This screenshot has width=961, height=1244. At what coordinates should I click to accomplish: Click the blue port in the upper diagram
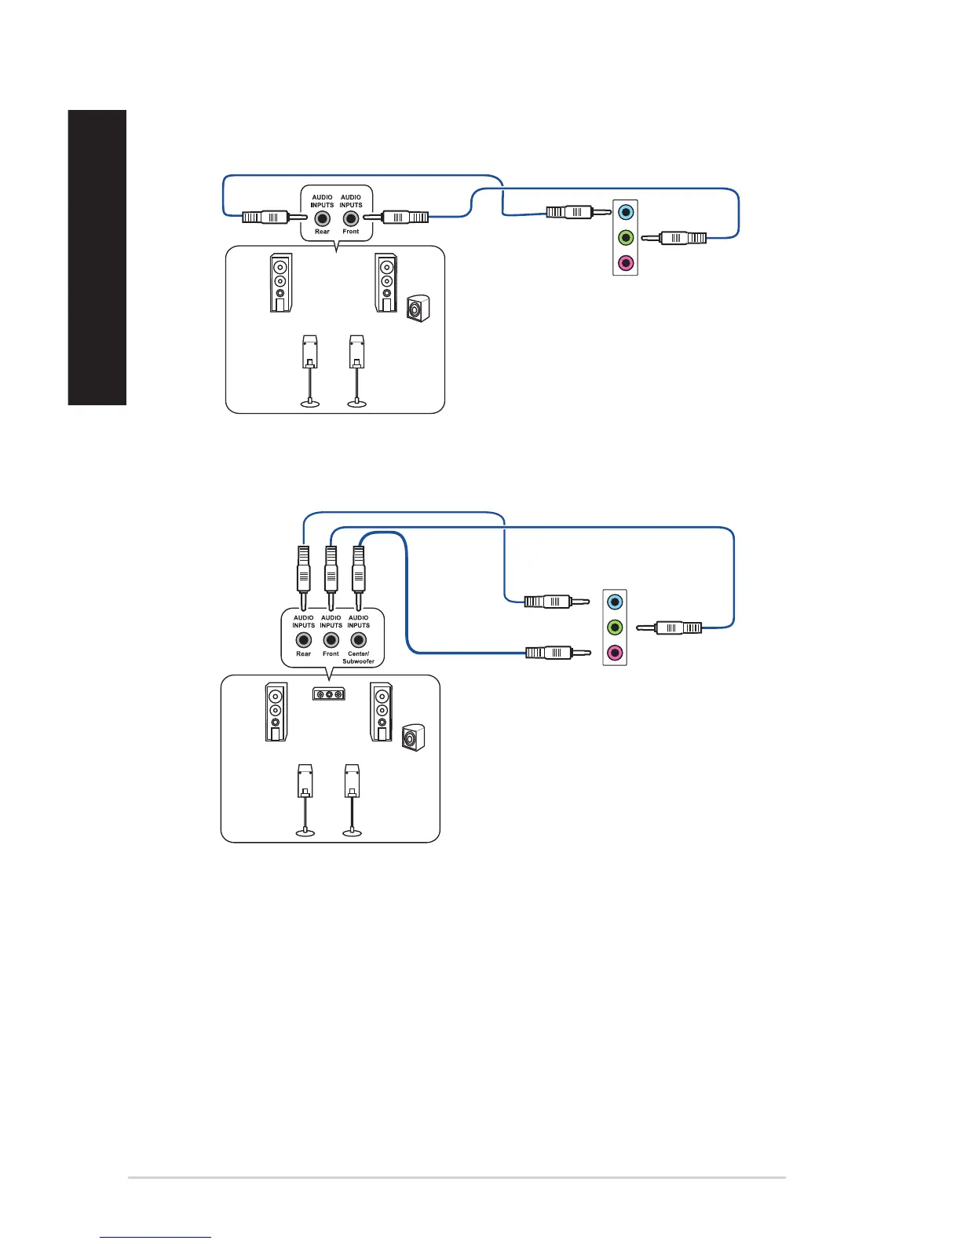[626, 211]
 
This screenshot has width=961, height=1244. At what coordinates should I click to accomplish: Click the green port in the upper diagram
[626, 237]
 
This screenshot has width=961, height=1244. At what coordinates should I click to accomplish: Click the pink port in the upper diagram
[626, 262]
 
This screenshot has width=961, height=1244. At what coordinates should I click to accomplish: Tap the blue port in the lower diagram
[615, 602]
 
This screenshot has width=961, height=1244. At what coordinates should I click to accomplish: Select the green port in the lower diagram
[615, 627]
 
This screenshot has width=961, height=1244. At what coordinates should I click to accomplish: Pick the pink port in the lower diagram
[615, 653]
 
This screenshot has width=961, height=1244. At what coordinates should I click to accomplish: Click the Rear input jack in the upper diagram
[322, 219]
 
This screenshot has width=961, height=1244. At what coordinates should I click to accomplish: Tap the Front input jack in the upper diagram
[351, 219]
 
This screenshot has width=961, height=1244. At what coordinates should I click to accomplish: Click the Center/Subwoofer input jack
[359, 640]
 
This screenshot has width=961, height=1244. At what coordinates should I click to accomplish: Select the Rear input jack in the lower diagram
[304, 640]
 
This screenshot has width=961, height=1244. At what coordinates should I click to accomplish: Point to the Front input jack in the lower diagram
[331, 640]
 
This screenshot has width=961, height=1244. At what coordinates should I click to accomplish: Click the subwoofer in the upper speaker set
[418, 309]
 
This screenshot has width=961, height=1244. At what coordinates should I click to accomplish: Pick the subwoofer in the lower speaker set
[413, 738]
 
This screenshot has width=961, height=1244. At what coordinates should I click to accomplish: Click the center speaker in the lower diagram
[329, 694]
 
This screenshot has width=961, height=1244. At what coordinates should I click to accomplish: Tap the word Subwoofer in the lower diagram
[358, 661]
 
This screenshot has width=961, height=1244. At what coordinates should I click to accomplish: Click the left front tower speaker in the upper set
[281, 283]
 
